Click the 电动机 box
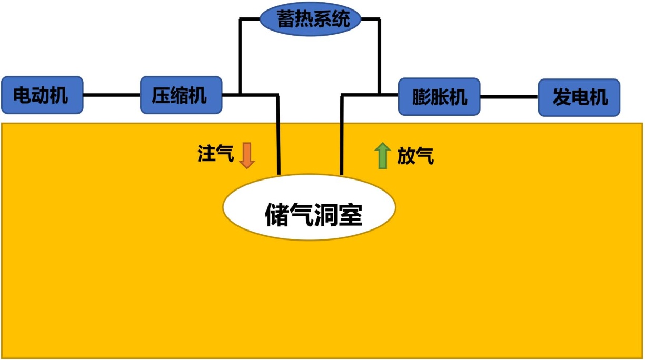pos(42,95)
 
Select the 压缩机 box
pos(181,95)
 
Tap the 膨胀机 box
pos(439,97)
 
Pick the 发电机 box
pos(579,97)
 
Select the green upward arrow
pos(382,156)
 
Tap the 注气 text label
pos(215,155)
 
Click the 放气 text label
pos(415,156)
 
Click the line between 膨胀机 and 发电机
pos(509,97)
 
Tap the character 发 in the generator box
pos(561,97)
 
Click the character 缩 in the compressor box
pos(181,96)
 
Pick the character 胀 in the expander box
pos(439,97)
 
